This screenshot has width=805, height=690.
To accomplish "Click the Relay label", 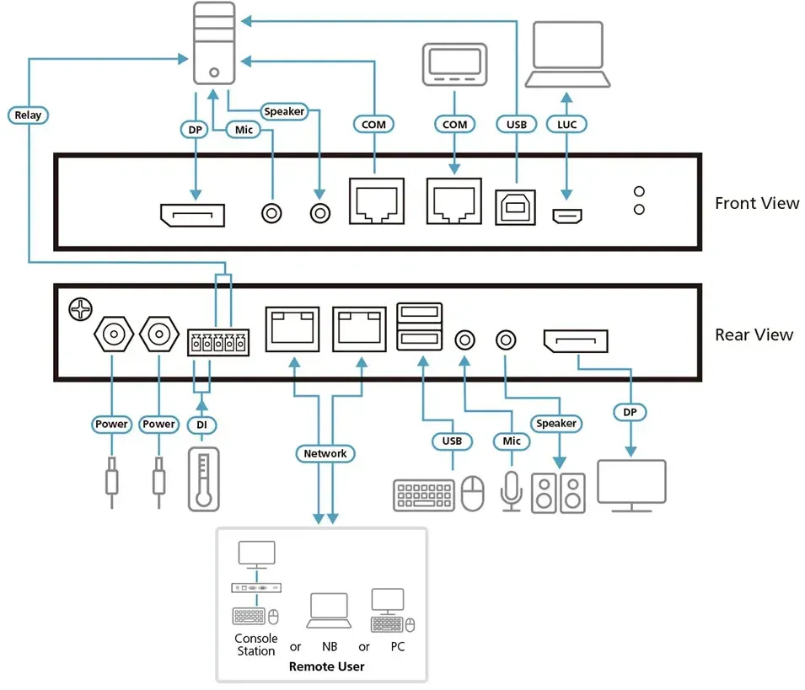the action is click(x=28, y=115).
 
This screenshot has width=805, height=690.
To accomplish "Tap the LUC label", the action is click(x=566, y=124).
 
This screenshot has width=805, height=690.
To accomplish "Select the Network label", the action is click(x=325, y=453).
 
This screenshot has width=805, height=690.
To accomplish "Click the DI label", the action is click(x=201, y=425).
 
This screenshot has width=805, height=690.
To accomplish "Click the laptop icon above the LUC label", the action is click(x=567, y=55).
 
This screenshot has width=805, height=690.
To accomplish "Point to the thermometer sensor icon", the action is click(x=204, y=479).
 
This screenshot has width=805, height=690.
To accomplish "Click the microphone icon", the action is click(x=512, y=491).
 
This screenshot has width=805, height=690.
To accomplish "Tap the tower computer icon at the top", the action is click(x=214, y=43).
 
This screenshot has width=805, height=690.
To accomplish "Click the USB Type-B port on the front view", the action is click(x=515, y=207).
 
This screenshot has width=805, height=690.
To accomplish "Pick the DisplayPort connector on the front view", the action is click(x=192, y=216).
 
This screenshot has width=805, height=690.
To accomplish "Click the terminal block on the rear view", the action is click(x=218, y=342).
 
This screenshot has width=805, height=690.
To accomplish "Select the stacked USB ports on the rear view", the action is click(x=420, y=327).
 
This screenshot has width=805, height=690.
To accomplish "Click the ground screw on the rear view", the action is click(x=80, y=309).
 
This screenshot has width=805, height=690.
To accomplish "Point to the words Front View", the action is click(x=757, y=203).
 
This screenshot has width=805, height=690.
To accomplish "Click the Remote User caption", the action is click(x=326, y=666).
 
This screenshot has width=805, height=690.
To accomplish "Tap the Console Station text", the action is click(x=255, y=645).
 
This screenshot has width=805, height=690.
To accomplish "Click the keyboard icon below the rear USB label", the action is click(x=424, y=495).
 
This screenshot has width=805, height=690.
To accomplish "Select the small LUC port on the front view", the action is click(x=566, y=216).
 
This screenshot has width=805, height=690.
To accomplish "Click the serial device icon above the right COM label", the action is click(x=454, y=65).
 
